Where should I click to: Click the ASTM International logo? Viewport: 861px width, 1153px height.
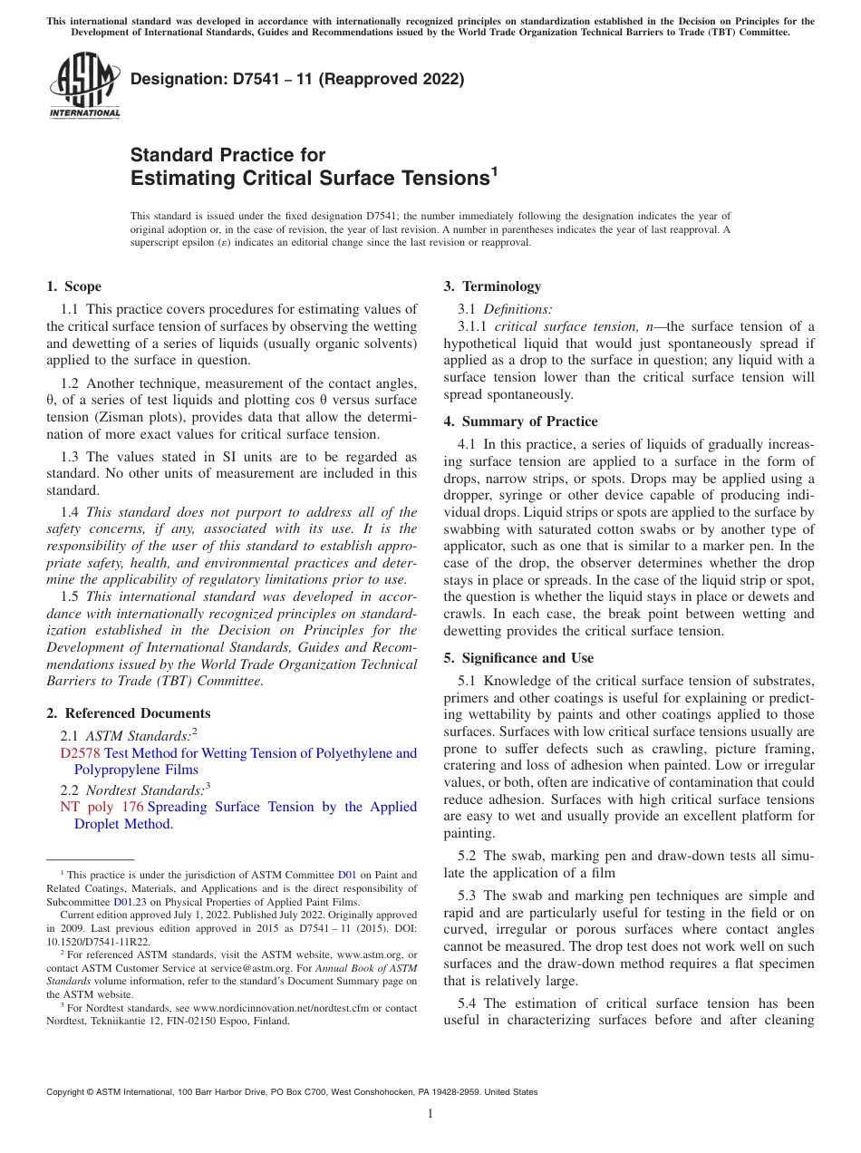coord(84,87)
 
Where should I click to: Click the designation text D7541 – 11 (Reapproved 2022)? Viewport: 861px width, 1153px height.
coord(297,79)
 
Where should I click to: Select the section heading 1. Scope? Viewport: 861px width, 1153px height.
coord(73,286)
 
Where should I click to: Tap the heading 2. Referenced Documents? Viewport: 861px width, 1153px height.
coord(128,713)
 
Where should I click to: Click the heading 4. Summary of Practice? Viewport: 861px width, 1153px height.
coord(520,421)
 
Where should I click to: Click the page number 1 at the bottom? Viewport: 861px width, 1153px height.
coord(430,1113)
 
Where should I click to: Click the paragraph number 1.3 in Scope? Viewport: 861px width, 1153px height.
coord(71,457)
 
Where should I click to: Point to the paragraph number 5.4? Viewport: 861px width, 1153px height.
coord(469,1003)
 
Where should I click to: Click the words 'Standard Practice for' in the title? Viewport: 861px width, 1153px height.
coord(227,155)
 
